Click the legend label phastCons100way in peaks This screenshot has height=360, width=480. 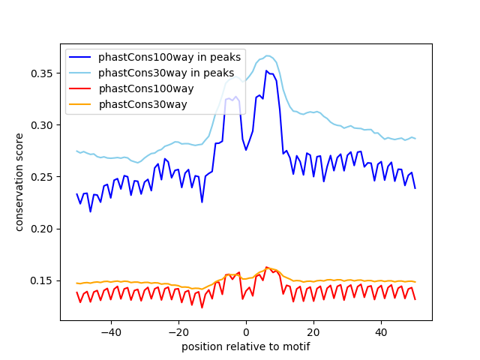tap(169, 57)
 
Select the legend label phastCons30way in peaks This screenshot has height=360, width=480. tap(166, 73)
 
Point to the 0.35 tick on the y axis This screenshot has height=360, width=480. tap(42, 73)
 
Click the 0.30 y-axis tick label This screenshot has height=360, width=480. tap(42, 125)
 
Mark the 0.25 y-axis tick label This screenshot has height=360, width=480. tap(42, 177)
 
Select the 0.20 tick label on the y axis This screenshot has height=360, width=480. tap(42, 229)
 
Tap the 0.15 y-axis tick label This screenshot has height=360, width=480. tap(42, 280)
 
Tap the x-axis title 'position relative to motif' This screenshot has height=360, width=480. tap(246, 346)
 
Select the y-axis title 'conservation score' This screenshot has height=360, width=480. tap(19, 182)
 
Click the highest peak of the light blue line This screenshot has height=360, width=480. tap(268, 55)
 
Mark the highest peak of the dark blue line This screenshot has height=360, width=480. tap(266, 70)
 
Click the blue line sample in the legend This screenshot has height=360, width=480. tap(82, 57)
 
